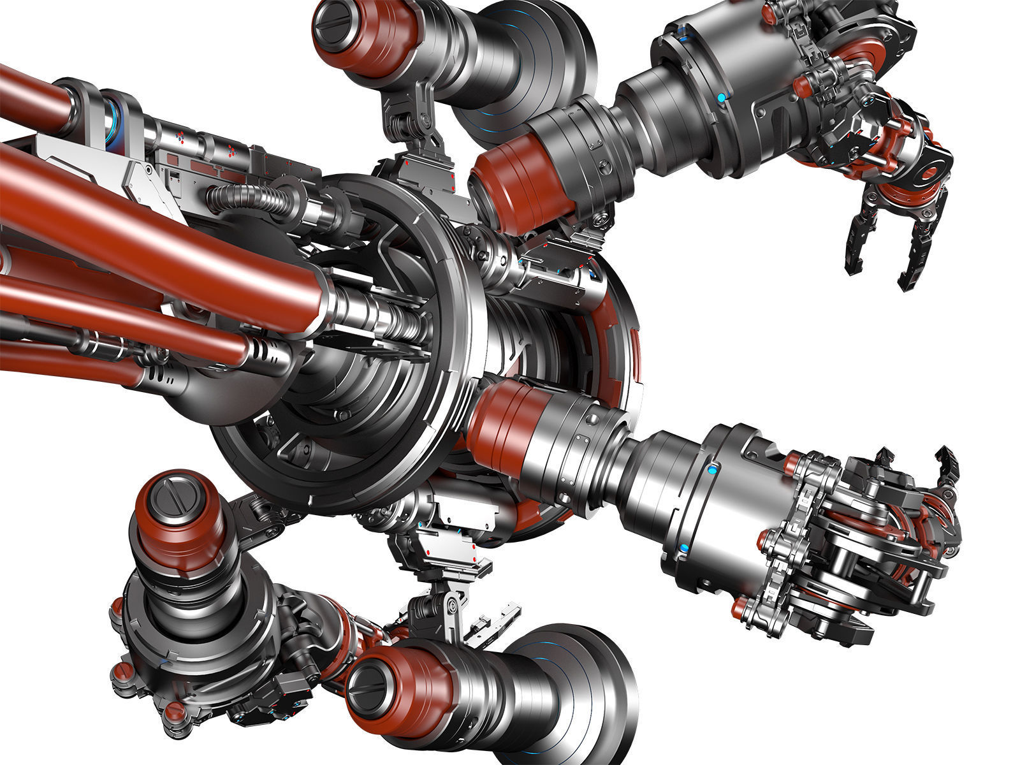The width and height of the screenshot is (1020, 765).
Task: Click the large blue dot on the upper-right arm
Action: [721, 98]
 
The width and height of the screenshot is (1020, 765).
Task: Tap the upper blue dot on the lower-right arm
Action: [711, 470]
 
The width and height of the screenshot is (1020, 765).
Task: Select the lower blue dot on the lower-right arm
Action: [683, 548]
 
